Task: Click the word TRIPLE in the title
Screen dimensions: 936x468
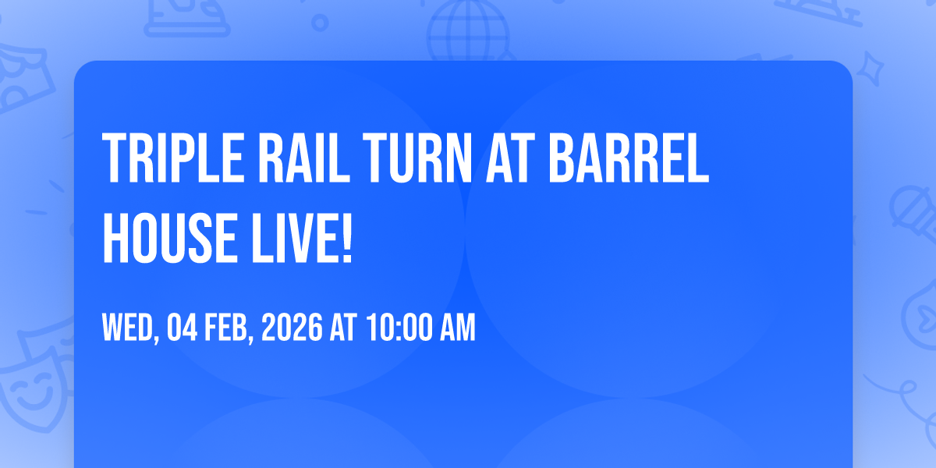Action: tap(173, 158)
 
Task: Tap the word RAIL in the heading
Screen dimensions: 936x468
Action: tap(304, 158)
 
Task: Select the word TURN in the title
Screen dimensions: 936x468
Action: tap(417, 158)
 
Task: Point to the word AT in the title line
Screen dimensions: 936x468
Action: tap(510, 158)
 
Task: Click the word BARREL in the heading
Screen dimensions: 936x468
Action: tap(629, 158)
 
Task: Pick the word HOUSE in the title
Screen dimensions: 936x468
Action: tap(167, 238)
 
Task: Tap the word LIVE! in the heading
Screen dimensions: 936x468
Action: tap(301, 238)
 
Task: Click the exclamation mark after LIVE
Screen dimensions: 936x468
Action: tap(347, 238)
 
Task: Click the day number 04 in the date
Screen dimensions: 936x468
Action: tap(183, 327)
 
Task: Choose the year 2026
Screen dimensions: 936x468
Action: tap(292, 327)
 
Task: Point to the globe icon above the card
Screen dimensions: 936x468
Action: tap(468, 30)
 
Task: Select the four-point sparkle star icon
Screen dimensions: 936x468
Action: tap(870, 69)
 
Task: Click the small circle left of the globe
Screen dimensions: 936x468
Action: tap(320, 23)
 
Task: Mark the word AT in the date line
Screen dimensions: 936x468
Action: tap(343, 327)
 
